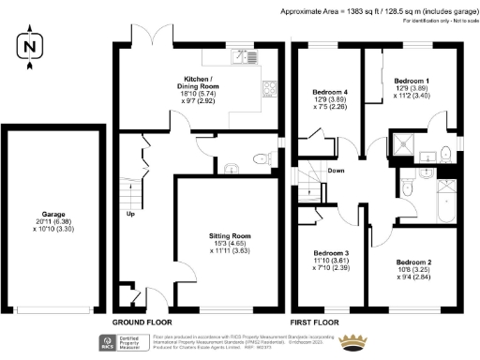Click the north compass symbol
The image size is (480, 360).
30,46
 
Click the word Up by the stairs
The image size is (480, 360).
131,214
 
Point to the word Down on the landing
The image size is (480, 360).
335,171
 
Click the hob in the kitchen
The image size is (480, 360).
269,90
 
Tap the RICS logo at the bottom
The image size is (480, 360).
106,341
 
